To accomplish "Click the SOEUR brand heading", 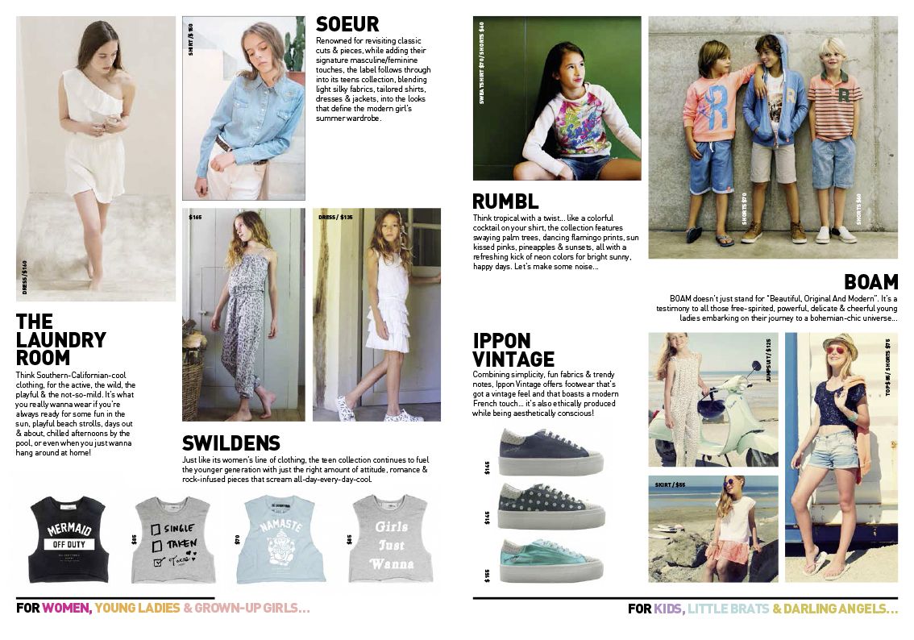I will coord(347,24).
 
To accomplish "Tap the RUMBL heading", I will coord(505,202).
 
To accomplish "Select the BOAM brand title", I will coord(870,282).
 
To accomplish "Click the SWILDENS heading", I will coord(231,443).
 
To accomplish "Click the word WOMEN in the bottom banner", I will coord(66,609).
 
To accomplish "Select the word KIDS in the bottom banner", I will coord(668,609).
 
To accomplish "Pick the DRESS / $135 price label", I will coord(336,217).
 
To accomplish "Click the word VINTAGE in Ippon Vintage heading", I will coord(513,359).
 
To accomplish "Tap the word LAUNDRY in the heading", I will coord(61,340).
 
